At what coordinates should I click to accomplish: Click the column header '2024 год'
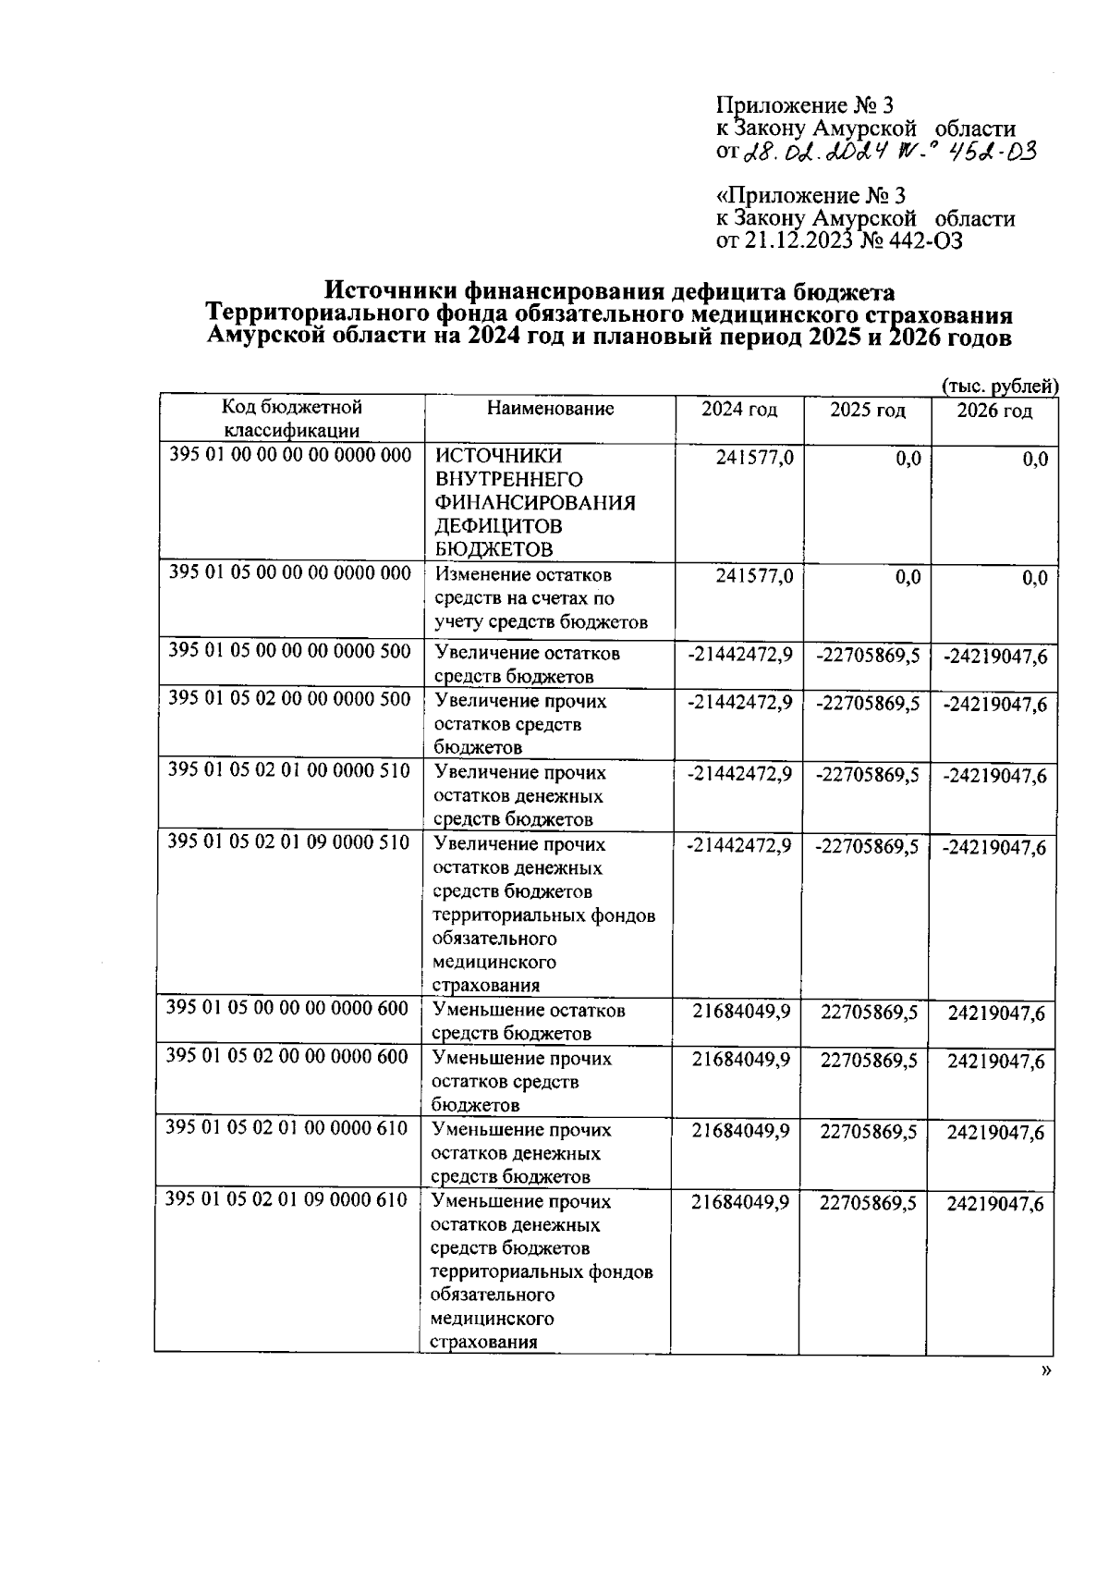click(x=738, y=410)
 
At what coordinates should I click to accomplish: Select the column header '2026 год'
click(x=993, y=411)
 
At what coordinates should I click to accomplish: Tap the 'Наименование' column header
click(x=550, y=409)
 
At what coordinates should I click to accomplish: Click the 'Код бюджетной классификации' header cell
click(x=292, y=418)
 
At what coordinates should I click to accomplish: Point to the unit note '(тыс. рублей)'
click(x=1000, y=386)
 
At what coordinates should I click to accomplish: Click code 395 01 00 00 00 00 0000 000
click(x=290, y=455)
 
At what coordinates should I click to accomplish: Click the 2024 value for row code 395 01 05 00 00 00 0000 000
click(x=754, y=576)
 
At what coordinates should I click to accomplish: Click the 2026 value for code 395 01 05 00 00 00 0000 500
click(x=994, y=657)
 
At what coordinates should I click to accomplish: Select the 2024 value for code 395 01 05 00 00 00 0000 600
click(x=741, y=1012)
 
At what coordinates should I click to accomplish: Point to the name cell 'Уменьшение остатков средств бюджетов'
click(x=529, y=1021)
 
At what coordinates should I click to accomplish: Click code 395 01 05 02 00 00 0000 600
click(x=286, y=1056)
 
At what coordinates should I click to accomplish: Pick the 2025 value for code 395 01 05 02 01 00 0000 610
click(x=869, y=1131)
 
